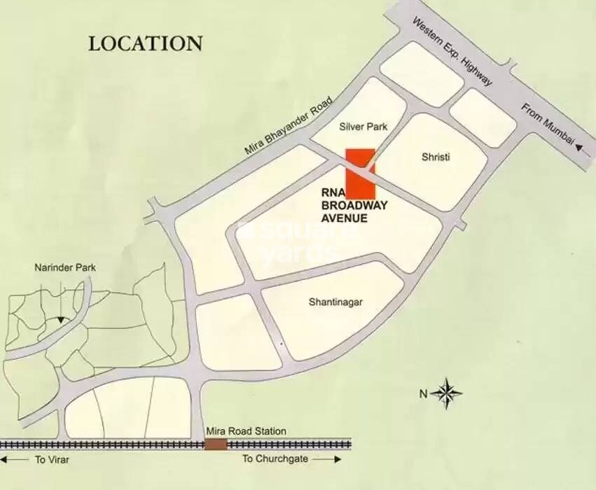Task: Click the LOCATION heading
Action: pyautogui.click(x=145, y=43)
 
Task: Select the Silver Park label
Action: pyautogui.click(x=363, y=127)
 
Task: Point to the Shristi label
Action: pyautogui.click(x=436, y=157)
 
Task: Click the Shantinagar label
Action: pyautogui.click(x=336, y=302)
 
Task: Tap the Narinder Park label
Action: pyautogui.click(x=65, y=267)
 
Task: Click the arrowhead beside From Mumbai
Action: pyautogui.click(x=578, y=147)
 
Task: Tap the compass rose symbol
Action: pyautogui.click(x=446, y=393)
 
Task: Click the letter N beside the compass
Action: pyautogui.click(x=423, y=394)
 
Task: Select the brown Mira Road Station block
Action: pyautogui.click(x=216, y=444)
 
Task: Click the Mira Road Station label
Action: pyautogui.click(x=246, y=431)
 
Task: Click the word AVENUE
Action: pyautogui.click(x=344, y=218)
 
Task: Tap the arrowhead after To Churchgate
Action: pyautogui.click(x=338, y=460)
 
